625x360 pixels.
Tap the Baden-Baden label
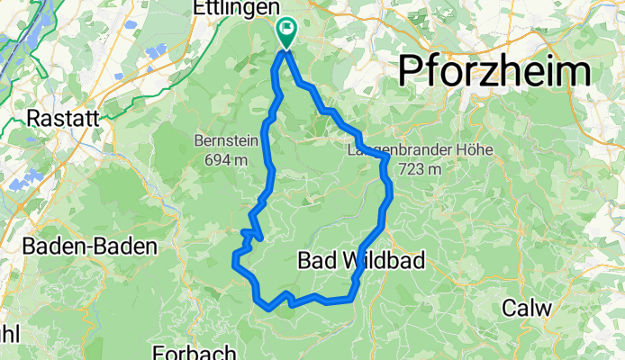(90, 245)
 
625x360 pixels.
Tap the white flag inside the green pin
(287, 29)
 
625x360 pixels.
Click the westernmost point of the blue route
(234, 264)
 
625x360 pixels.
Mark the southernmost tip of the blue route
(269, 309)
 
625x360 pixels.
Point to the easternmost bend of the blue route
(391, 193)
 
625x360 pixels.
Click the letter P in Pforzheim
(412, 68)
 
